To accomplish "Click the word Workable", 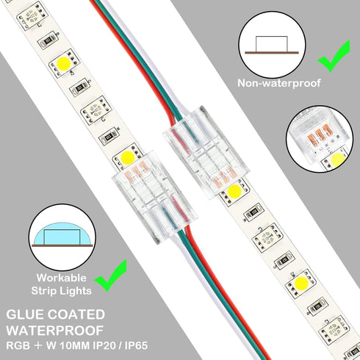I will [56, 278].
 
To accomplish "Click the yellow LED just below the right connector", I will [236, 193].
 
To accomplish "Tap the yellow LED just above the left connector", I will [125, 156].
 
